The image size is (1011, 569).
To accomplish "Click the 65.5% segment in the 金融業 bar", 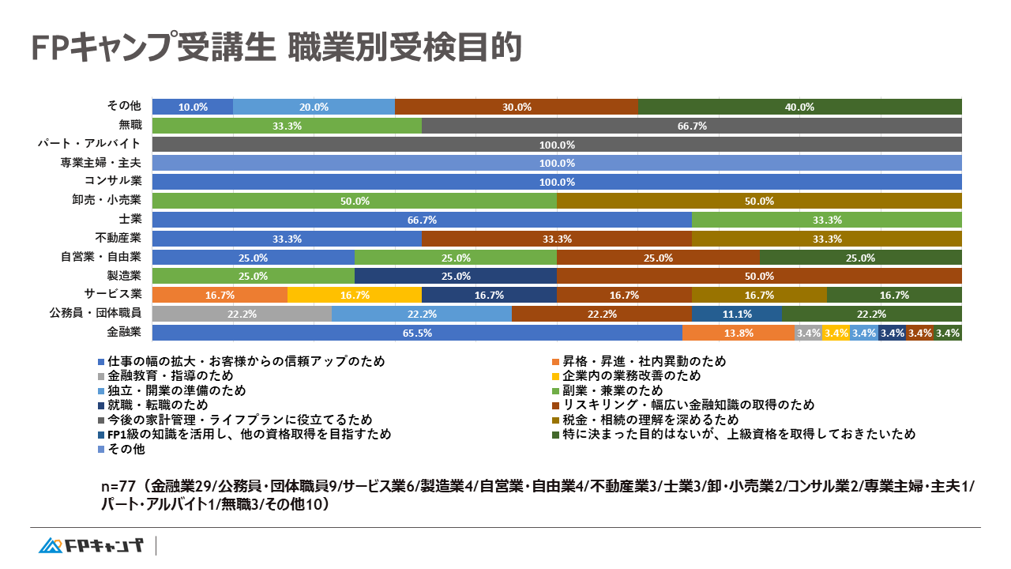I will (x=416, y=333).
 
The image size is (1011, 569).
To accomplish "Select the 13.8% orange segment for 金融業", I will (x=738, y=333).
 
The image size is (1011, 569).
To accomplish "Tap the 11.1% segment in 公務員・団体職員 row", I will (x=736, y=314).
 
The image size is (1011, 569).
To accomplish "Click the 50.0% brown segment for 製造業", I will (x=759, y=276).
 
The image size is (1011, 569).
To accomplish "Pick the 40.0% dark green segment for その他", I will (x=799, y=107).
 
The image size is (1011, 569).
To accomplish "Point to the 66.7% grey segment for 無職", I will (x=692, y=126).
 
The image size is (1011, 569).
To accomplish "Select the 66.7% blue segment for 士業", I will (x=421, y=220).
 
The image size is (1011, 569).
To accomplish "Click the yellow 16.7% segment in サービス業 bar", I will (x=355, y=295).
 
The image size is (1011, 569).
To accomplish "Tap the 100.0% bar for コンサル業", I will (x=557, y=182).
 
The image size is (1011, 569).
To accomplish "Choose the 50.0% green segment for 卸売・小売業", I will (x=355, y=201).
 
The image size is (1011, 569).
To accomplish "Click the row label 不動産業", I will (x=118, y=238).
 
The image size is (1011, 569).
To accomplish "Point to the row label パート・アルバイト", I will (x=89, y=144).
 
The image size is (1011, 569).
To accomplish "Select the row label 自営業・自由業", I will (x=100, y=257).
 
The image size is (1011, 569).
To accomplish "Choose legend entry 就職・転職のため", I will (x=158, y=405).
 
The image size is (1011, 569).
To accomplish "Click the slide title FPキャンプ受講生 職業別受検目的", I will (x=276, y=47).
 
